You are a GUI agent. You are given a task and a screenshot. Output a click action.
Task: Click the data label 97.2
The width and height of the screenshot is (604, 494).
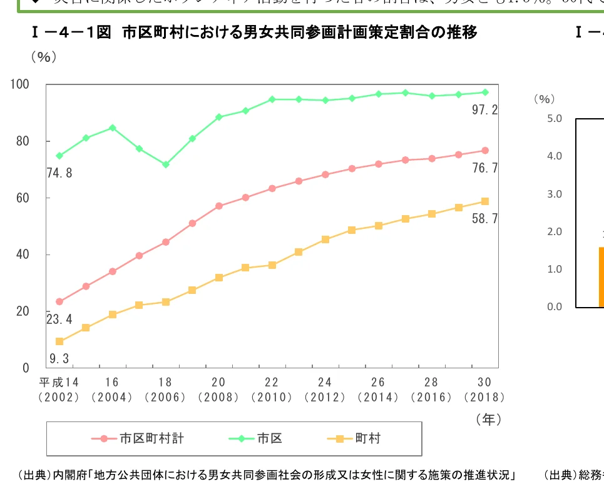(484, 111)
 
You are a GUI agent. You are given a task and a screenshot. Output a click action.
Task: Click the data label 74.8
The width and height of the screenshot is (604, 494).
(59, 173)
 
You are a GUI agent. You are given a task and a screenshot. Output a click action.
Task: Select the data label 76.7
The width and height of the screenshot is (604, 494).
(484, 168)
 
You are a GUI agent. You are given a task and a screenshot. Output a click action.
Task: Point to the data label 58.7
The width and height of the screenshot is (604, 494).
(484, 219)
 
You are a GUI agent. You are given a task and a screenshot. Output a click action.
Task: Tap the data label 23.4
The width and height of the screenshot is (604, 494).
(59, 320)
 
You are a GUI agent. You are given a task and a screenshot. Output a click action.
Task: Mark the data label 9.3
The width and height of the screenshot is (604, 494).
(59, 359)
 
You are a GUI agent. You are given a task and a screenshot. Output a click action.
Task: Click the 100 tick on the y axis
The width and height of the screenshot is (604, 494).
(20, 84)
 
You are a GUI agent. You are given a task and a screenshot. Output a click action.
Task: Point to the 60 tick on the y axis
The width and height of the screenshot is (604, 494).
(23, 198)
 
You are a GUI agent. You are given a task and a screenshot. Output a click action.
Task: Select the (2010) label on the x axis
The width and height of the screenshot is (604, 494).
(272, 397)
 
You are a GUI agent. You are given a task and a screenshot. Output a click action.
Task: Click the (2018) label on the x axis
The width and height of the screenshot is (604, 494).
(484, 397)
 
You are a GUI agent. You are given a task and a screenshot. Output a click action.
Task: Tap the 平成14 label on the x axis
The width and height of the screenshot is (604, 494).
(59, 382)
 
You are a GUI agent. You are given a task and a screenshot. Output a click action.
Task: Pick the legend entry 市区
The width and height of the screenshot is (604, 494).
(270, 438)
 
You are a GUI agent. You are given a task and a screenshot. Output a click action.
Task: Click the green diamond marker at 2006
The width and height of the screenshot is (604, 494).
(166, 164)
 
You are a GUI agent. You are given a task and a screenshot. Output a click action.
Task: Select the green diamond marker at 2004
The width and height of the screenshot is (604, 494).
(113, 128)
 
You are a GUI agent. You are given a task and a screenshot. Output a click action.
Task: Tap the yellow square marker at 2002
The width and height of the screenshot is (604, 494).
(59, 341)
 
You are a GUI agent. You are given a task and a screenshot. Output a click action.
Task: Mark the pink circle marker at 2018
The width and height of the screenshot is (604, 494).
(484, 151)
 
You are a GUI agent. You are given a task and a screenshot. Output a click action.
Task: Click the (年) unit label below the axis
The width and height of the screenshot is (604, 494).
(488, 419)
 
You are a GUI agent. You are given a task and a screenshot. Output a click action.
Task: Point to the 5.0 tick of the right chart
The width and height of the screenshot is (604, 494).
(555, 118)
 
